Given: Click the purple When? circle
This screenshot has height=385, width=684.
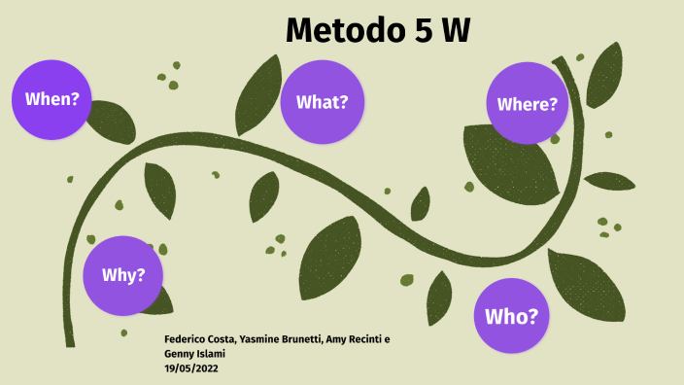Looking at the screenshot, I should [x=52, y=98].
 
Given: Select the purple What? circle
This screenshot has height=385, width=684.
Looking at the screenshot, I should [x=323, y=102].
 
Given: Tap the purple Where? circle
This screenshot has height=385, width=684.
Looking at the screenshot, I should [x=528, y=104].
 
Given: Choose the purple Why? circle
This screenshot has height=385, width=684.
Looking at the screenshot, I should [x=123, y=275].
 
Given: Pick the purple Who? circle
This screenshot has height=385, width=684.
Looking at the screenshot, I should [x=512, y=316].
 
